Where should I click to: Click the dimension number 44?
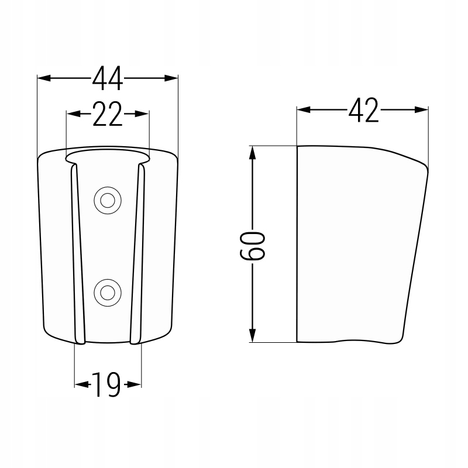pos(108,78)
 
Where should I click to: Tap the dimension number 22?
pos(108,113)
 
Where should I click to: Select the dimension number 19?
pos(106,385)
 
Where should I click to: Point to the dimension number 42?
pos(363,110)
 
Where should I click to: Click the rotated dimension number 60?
pos(252,246)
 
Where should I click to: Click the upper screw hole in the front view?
pos(108,200)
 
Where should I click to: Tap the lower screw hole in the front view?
pos(108,293)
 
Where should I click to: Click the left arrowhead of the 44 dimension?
pos(44,78)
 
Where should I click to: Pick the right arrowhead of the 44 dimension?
pos(171,78)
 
